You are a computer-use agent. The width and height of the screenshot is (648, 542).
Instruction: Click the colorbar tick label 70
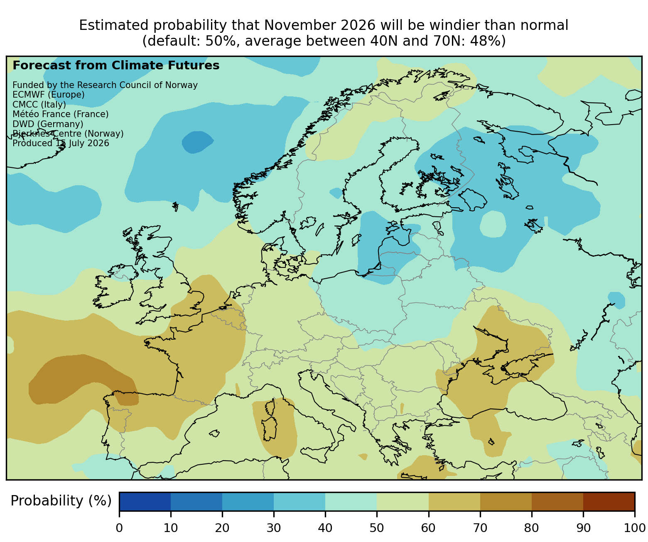(x=480, y=528)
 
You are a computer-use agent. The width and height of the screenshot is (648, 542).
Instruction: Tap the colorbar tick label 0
(x=119, y=528)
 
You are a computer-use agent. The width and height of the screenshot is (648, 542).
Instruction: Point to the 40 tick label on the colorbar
(x=325, y=528)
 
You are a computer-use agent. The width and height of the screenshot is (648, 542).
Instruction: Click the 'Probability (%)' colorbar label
(x=61, y=501)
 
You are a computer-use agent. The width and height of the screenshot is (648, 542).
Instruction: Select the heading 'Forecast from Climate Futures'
(x=116, y=66)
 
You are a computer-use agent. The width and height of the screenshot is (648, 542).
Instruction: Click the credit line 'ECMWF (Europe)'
(x=49, y=95)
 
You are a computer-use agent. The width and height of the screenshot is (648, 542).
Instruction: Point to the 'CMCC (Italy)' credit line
(x=39, y=105)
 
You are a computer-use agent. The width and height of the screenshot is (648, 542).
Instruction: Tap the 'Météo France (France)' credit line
(x=61, y=114)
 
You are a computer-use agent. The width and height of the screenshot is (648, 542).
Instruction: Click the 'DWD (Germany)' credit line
(x=48, y=124)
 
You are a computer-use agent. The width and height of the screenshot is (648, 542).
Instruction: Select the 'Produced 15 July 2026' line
(x=61, y=143)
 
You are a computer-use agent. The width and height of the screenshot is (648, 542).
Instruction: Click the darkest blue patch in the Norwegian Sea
(x=197, y=142)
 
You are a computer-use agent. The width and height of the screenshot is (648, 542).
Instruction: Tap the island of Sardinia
(x=270, y=429)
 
